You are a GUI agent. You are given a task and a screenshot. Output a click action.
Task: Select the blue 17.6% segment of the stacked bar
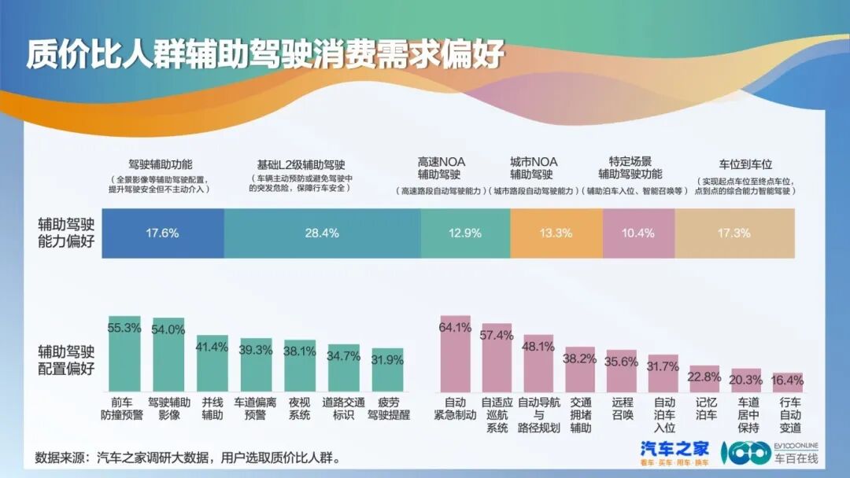[163, 233]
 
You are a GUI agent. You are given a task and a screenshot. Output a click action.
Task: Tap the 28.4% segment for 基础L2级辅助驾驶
[322, 233]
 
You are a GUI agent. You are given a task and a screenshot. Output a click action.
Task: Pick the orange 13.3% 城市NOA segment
[556, 233]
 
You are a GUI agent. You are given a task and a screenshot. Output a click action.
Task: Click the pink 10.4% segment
[638, 233]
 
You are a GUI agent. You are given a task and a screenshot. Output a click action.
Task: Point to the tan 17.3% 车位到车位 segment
[734, 233]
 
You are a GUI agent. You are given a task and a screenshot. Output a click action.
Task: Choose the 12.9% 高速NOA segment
[465, 233]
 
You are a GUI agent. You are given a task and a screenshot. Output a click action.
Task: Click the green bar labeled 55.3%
[124, 354]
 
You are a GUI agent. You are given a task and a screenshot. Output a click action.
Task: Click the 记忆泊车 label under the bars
[704, 409]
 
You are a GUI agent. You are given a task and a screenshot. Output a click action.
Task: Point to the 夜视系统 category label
[299, 409]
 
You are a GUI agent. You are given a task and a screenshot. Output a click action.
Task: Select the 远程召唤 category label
[622, 409]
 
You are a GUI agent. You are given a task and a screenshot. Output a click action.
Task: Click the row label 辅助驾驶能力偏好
[66, 233]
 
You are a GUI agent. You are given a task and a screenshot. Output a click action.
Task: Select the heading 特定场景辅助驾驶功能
[630, 167]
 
